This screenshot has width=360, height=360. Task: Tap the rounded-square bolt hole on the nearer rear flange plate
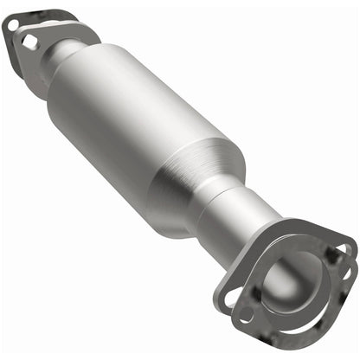tap(31, 41)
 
